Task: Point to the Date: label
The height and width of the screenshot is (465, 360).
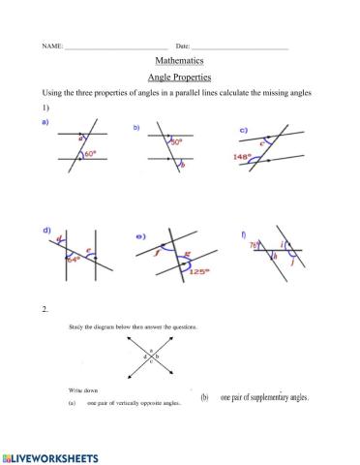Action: coord(183,46)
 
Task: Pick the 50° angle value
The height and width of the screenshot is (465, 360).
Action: coord(177,141)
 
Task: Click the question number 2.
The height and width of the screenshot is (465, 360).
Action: coord(45,309)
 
